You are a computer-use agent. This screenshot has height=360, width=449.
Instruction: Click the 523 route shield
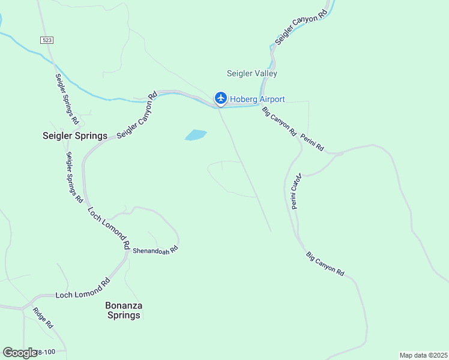pyautogui.click(x=47, y=40)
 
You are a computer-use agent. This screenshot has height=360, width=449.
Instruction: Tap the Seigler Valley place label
pyautogui.click(x=252, y=74)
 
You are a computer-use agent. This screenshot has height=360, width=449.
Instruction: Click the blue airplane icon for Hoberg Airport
pyautogui.click(x=221, y=98)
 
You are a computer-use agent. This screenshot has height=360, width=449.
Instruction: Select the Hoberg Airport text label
pyautogui.click(x=258, y=99)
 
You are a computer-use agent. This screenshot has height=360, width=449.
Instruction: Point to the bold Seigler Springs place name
pyautogui.click(x=75, y=136)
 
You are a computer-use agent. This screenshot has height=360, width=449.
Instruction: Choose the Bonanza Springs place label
pyautogui.click(x=123, y=310)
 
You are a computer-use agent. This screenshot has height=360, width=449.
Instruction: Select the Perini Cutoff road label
pyautogui.click(x=295, y=191)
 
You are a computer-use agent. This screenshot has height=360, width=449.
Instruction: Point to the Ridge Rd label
pyautogui.click(x=43, y=318)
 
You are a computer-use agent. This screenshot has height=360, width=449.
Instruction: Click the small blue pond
pyautogui.click(x=196, y=135)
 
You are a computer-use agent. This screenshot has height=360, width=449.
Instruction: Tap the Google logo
pyautogui.click(x=19, y=353)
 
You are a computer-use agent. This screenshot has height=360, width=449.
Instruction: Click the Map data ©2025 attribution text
pyautogui.click(x=423, y=355)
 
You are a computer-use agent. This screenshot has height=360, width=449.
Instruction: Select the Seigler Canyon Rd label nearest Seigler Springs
pyautogui.click(x=137, y=115)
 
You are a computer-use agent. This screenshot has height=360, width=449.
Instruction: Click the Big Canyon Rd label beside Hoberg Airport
pyautogui.click(x=279, y=120)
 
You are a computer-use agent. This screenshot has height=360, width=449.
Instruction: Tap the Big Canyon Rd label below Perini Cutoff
pyautogui.click(x=325, y=264)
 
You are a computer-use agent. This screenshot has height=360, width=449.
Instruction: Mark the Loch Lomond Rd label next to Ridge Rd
pyautogui.click(x=83, y=289)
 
